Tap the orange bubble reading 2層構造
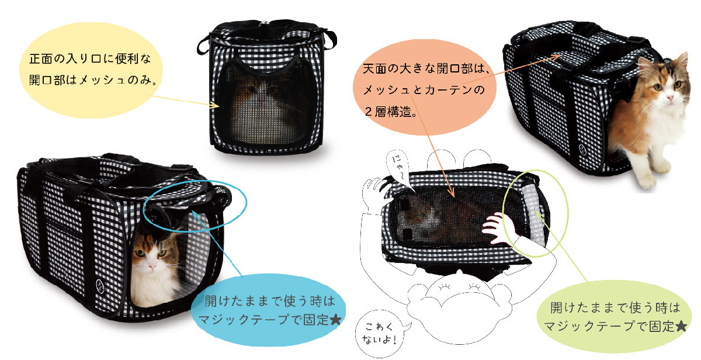[x=425, y=87]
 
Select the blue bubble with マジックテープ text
[x=269, y=310]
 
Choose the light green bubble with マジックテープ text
[x=615, y=317]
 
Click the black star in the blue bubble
[x=335, y=320]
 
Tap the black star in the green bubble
[x=681, y=327]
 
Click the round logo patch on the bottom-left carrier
[x=100, y=286]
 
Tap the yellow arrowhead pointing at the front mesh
[x=215, y=105]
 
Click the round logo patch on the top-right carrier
[x=582, y=148]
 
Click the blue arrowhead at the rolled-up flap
[x=196, y=214]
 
